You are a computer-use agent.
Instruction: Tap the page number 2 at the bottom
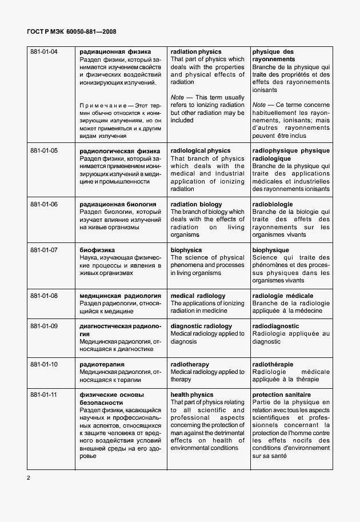tap(28, 477)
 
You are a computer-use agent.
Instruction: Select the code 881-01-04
tap(44, 52)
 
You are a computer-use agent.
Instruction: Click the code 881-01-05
tap(44, 151)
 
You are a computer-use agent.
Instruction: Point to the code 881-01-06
tap(44, 204)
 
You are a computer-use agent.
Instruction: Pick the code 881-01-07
tap(44, 250)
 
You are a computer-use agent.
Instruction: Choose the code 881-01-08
tap(44, 296)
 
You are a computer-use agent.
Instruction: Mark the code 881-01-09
tap(44, 326)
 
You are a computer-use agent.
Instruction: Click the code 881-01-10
tap(44, 364)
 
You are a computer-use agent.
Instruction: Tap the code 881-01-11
tap(44, 395)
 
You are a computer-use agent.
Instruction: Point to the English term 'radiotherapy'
tap(190, 364)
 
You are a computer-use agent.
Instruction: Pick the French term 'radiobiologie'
tap(273, 204)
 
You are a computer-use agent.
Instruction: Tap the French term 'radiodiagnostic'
tap(275, 326)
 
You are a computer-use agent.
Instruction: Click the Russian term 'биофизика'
tap(97, 250)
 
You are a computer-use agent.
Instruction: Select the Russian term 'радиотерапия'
tap(102, 364)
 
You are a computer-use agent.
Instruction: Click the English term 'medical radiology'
tap(198, 296)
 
